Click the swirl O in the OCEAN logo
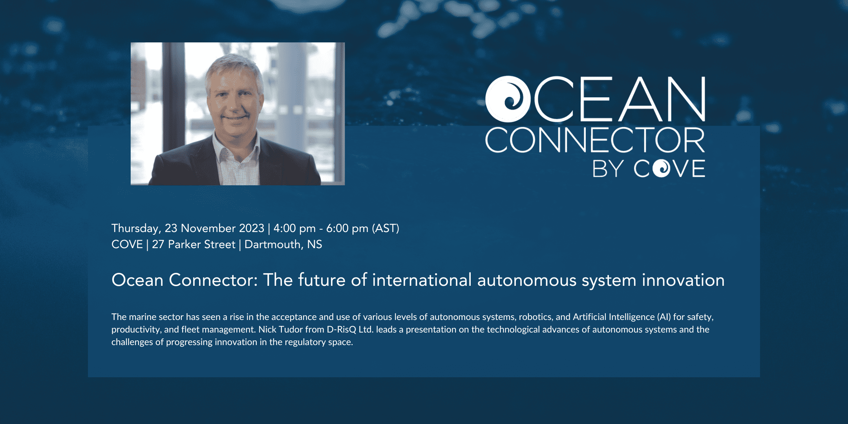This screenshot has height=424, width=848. click(x=508, y=99)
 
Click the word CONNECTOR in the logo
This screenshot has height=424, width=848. click(x=595, y=140)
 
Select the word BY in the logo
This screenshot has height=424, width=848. click(x=608, y=169)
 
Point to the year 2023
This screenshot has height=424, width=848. click(x=252, y=228)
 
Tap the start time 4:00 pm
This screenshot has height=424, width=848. click(x=294, y=228)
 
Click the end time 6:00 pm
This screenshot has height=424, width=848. click(x=347, y=228)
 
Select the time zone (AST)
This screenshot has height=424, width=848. click(x=386, y=228)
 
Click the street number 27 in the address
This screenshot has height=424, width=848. click(x=158, y=244)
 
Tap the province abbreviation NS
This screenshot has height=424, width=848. click(x=314, y=244)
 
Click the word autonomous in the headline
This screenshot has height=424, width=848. click(x=526, y=280)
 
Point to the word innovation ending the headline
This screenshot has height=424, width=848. click(x=683, y=280)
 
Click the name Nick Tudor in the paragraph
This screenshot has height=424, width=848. click(x=281, y=329)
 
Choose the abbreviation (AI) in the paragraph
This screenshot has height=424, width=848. click(x=664, y=317)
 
